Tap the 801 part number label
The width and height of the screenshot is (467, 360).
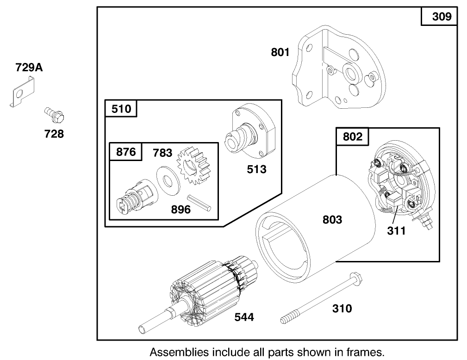click(x=280, y=52)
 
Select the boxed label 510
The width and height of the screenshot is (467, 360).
click(x=121, y=109)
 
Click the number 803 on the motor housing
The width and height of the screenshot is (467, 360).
click(x=332, y=219)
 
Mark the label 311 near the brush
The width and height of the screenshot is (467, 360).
click(x=397, y=230)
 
